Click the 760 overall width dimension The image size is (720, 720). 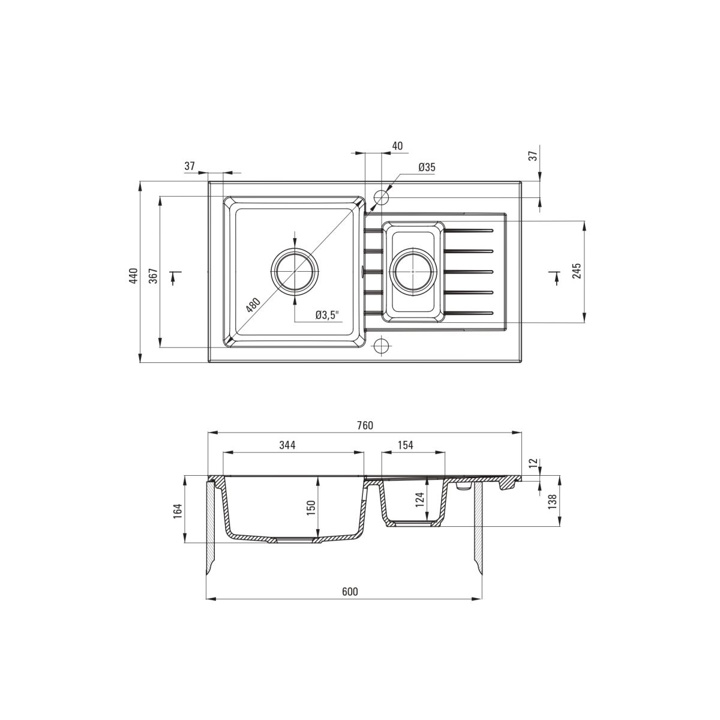coord(365,425)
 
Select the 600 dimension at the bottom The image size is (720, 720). coord(350,592)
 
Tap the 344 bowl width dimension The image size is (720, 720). coord(287,445)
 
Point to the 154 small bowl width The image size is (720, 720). coord(406,445)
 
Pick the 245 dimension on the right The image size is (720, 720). coord(577,271)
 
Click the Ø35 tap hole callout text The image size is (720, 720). coord(427,167)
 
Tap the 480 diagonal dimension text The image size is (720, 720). coord(253,305)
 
